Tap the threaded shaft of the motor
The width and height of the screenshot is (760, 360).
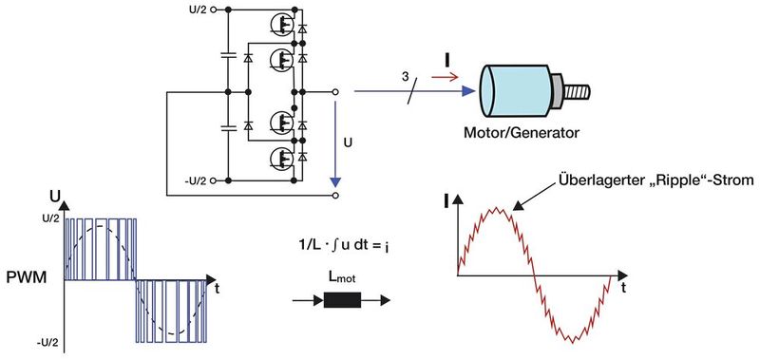(577, 93)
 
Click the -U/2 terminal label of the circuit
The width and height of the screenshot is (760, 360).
(193, 180)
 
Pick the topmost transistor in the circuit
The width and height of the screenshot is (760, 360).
(281, 22)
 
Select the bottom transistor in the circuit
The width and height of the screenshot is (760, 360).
(281, 162)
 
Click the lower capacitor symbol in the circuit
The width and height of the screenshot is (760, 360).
(227, 126)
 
